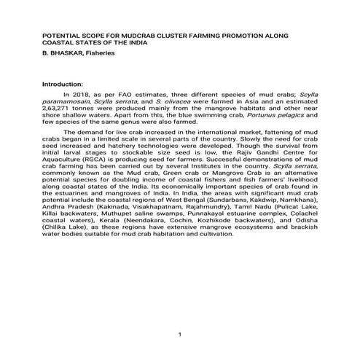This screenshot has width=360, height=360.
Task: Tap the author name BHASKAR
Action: click(65, 52)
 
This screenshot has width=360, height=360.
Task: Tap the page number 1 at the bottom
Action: click(179, 334)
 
